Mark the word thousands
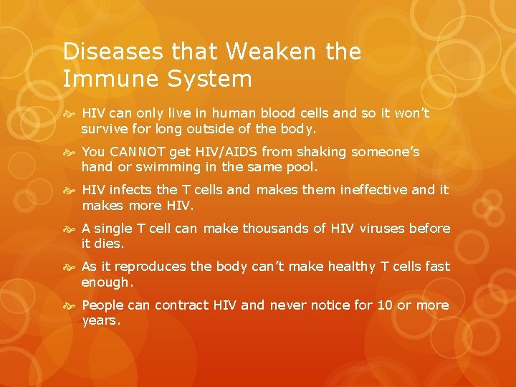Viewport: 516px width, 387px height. (274, 229)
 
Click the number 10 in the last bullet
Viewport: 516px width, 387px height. (385, 305)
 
